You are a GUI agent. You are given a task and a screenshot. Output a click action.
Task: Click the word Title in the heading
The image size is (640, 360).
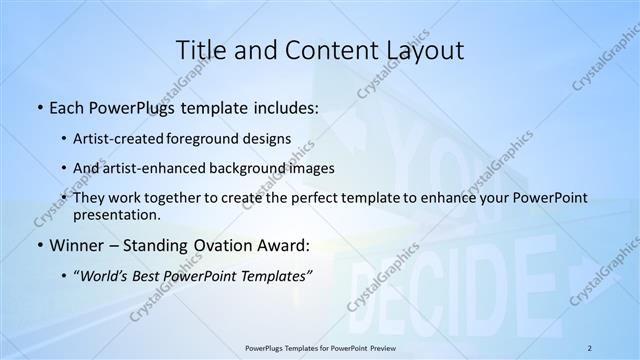[x=201, y=50]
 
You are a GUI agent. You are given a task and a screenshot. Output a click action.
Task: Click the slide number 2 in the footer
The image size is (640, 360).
[x=590, y=348]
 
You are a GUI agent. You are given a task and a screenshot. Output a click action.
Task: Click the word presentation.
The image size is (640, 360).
[x=117, y=214]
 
